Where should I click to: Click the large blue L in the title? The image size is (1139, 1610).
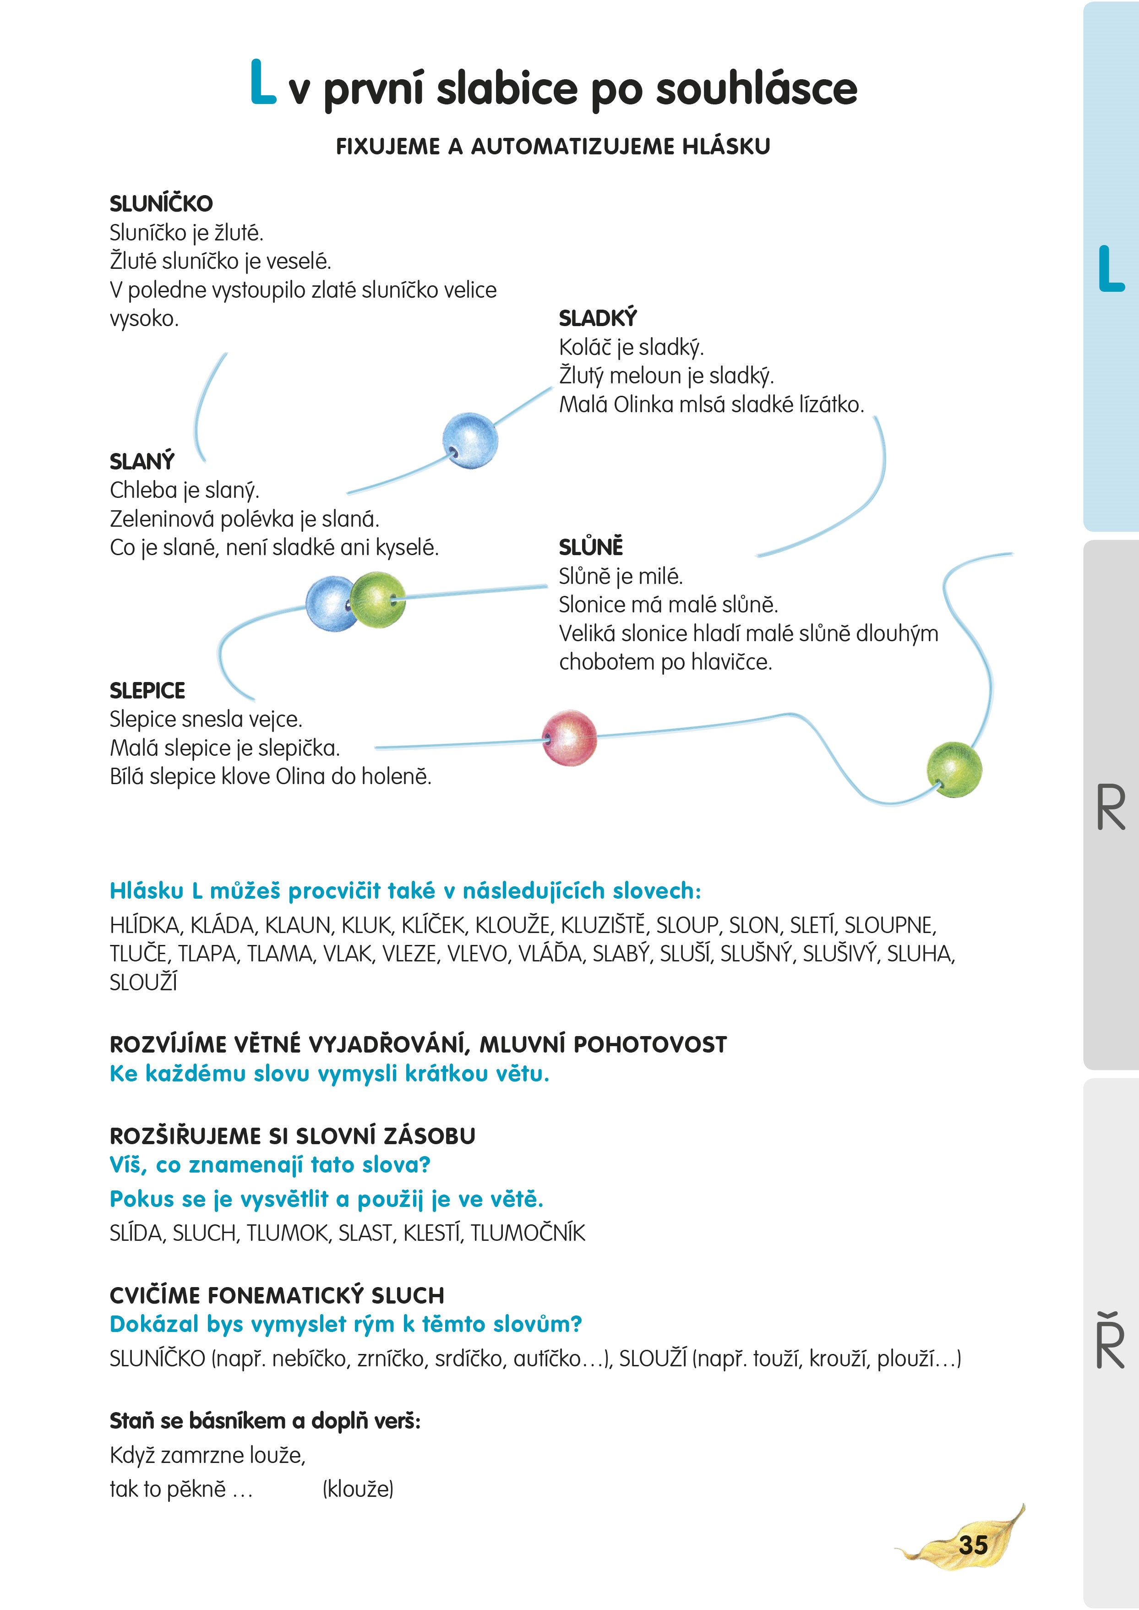coord(262,83)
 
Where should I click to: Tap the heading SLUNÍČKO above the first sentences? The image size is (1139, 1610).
coord(161,203)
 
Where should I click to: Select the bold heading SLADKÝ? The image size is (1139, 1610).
coord(598,318)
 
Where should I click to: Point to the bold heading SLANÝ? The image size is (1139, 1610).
coord(142,462)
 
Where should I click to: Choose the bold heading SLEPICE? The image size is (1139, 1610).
coord(147,691)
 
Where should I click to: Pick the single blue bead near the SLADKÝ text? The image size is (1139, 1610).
coord(470,440)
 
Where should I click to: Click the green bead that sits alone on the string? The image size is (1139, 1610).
coord(954,770)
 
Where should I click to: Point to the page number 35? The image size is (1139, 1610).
coord(973,1545)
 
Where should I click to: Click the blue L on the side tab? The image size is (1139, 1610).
coord(1111,269)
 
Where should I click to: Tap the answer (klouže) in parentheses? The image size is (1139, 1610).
coord(358,1489)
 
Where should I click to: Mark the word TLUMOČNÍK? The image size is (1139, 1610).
coord(528,1233)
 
